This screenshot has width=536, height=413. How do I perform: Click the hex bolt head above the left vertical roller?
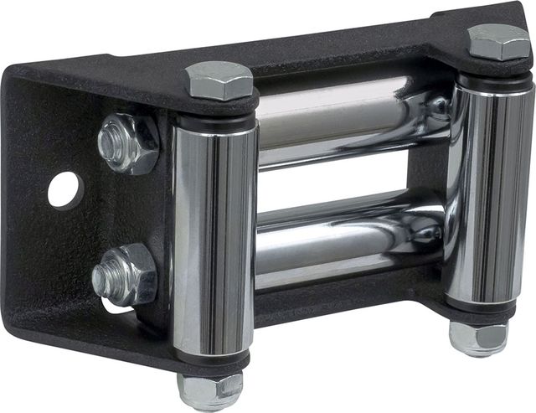tap(218, 80)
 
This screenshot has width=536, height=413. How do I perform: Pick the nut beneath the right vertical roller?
tap(478, 337)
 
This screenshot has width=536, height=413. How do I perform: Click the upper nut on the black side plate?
tap(127, 142)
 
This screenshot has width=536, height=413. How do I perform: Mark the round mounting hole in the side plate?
tap(64, 189)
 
